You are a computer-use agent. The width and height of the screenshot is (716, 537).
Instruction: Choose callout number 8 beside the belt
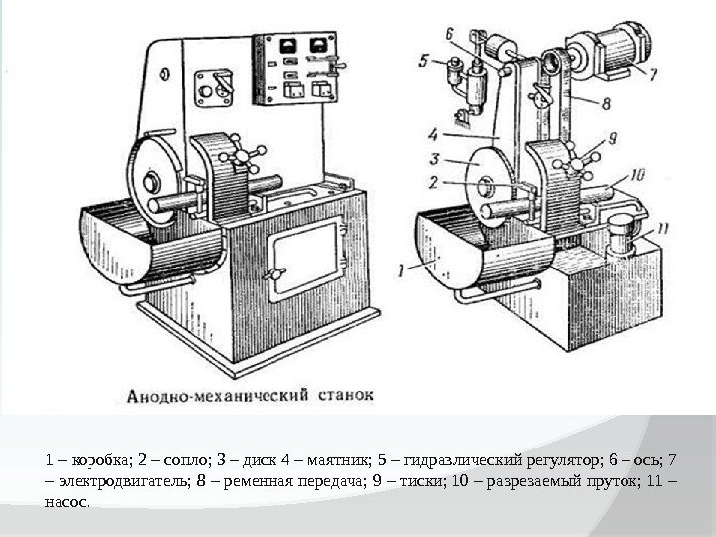click(x=606, y=102)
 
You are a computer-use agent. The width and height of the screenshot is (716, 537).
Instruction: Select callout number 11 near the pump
click(x=663, y=228)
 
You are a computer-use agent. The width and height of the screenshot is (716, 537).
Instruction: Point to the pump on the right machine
click(x=622, y=234)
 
